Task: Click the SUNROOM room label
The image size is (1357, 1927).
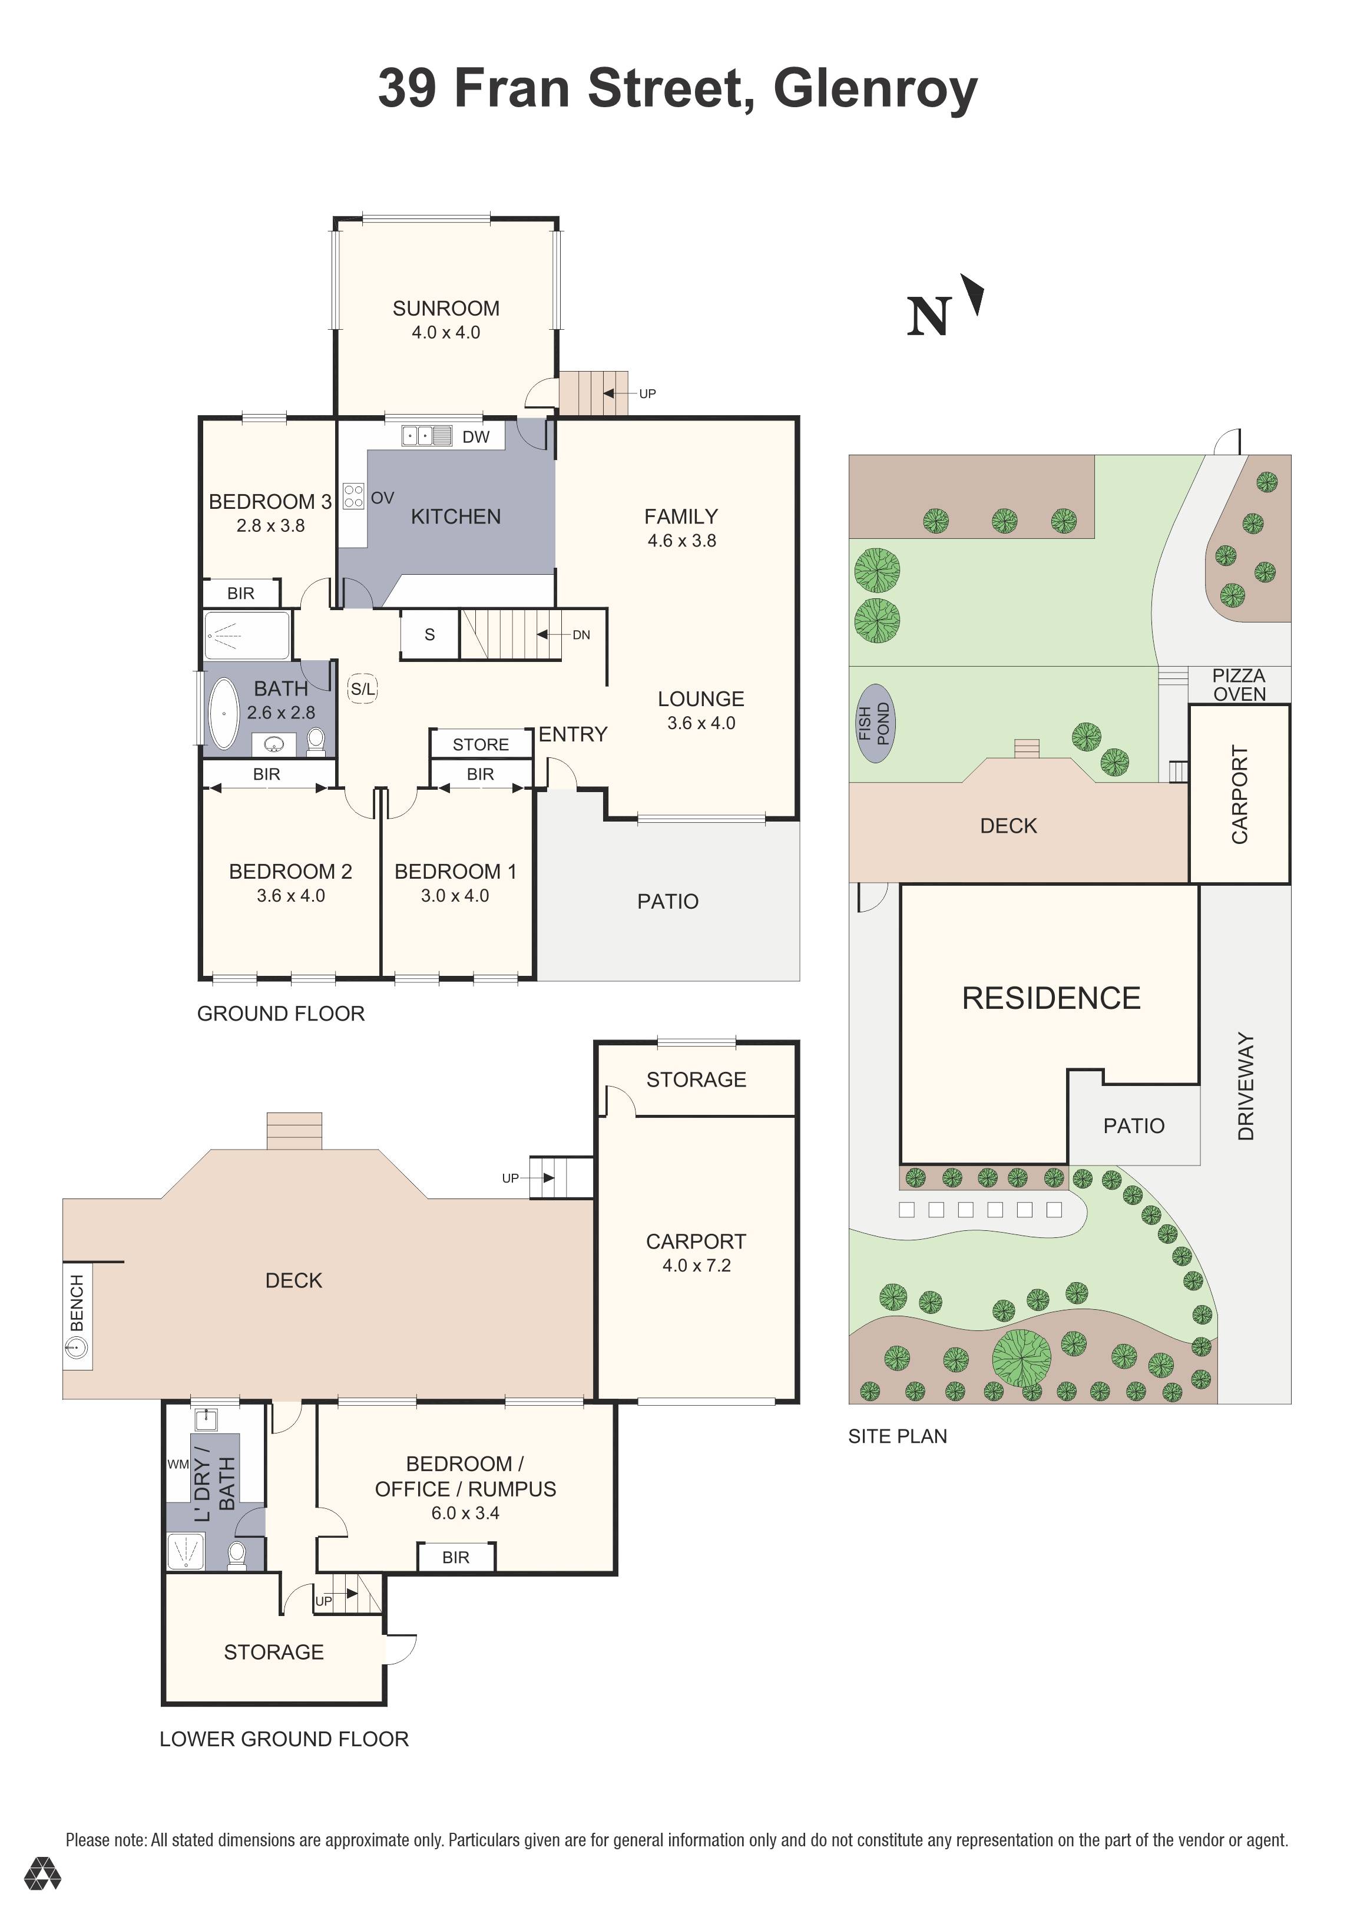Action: [446, 308]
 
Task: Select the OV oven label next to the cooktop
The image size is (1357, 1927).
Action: [382, 498]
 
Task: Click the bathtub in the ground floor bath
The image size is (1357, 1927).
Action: [224, 713]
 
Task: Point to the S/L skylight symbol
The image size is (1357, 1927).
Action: [363, 689]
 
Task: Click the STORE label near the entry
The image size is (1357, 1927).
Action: [480, 744]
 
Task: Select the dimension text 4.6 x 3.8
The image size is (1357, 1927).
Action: [681, 541]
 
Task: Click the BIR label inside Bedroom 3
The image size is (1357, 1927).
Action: [240, 594]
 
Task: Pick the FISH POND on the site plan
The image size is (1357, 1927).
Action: [873, 723]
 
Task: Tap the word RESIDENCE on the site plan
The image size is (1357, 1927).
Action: [1051, 998]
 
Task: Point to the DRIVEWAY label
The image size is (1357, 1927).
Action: [1245, 1086]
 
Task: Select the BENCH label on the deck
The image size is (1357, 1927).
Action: [77, 1303]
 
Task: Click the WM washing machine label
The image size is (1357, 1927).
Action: [178, 1465]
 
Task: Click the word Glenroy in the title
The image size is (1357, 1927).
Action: [875, 88]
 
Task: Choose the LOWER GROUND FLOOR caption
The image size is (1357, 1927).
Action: [284, 1739]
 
